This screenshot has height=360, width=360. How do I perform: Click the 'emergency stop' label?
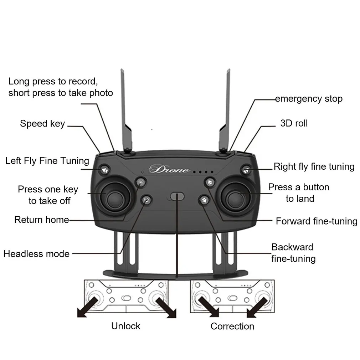coord(309,99)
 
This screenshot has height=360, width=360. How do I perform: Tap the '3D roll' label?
coord(294,123)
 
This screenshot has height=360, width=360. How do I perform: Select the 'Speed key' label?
coord(42,124)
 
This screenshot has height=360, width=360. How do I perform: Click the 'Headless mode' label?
coord(36,254)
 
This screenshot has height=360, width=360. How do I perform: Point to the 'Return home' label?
coord(42,220)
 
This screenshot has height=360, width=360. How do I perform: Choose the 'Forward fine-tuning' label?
coord(317,221)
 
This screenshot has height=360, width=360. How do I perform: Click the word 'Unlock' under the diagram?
coord(125,326)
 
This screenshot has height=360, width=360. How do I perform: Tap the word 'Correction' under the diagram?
coord(232,326)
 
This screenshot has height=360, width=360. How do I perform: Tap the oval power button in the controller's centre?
coord(177,196)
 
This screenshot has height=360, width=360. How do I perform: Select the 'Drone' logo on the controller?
coord(169,169)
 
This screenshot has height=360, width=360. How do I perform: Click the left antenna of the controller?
coord(126,110)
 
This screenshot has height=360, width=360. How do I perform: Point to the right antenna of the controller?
coord(225,110)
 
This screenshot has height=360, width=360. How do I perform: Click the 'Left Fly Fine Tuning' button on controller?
coord(105,170)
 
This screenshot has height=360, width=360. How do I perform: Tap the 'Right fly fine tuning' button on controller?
coord(246,170)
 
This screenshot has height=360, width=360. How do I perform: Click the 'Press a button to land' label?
coord(299,193)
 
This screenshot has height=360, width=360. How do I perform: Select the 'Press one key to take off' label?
coord(48,195)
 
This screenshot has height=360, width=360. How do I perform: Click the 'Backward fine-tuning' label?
coord(293,253)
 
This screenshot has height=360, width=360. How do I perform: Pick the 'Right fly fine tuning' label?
coord(314,167)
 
